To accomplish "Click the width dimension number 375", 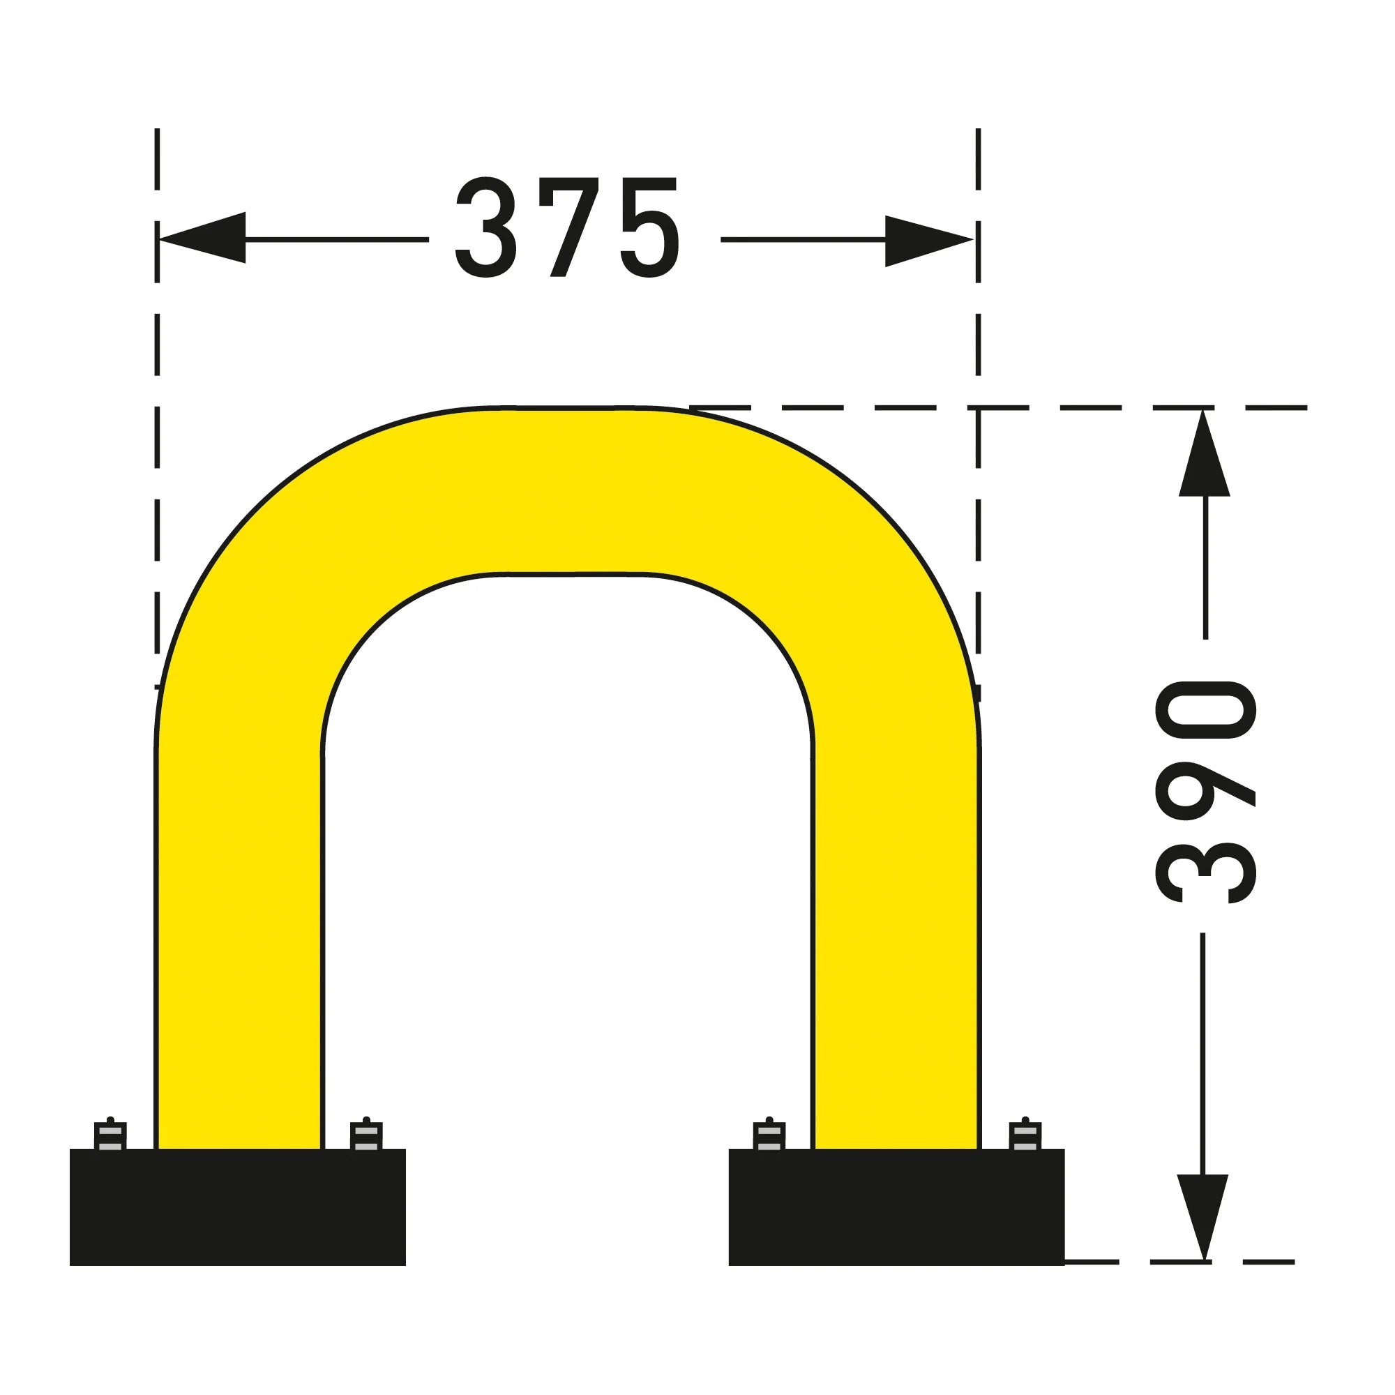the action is pos(568,227).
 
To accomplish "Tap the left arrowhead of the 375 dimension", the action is pos(202,238).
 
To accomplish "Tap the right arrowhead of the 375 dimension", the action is pos(929,241).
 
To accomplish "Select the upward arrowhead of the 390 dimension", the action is pos(1205,453).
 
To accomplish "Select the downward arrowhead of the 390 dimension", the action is pos(1203,1217).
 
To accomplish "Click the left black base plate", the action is pos(238,1207).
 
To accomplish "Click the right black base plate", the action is pos(897,1207).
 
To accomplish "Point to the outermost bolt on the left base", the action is pos(110,1133).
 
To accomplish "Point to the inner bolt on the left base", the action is pos(366,1133).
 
